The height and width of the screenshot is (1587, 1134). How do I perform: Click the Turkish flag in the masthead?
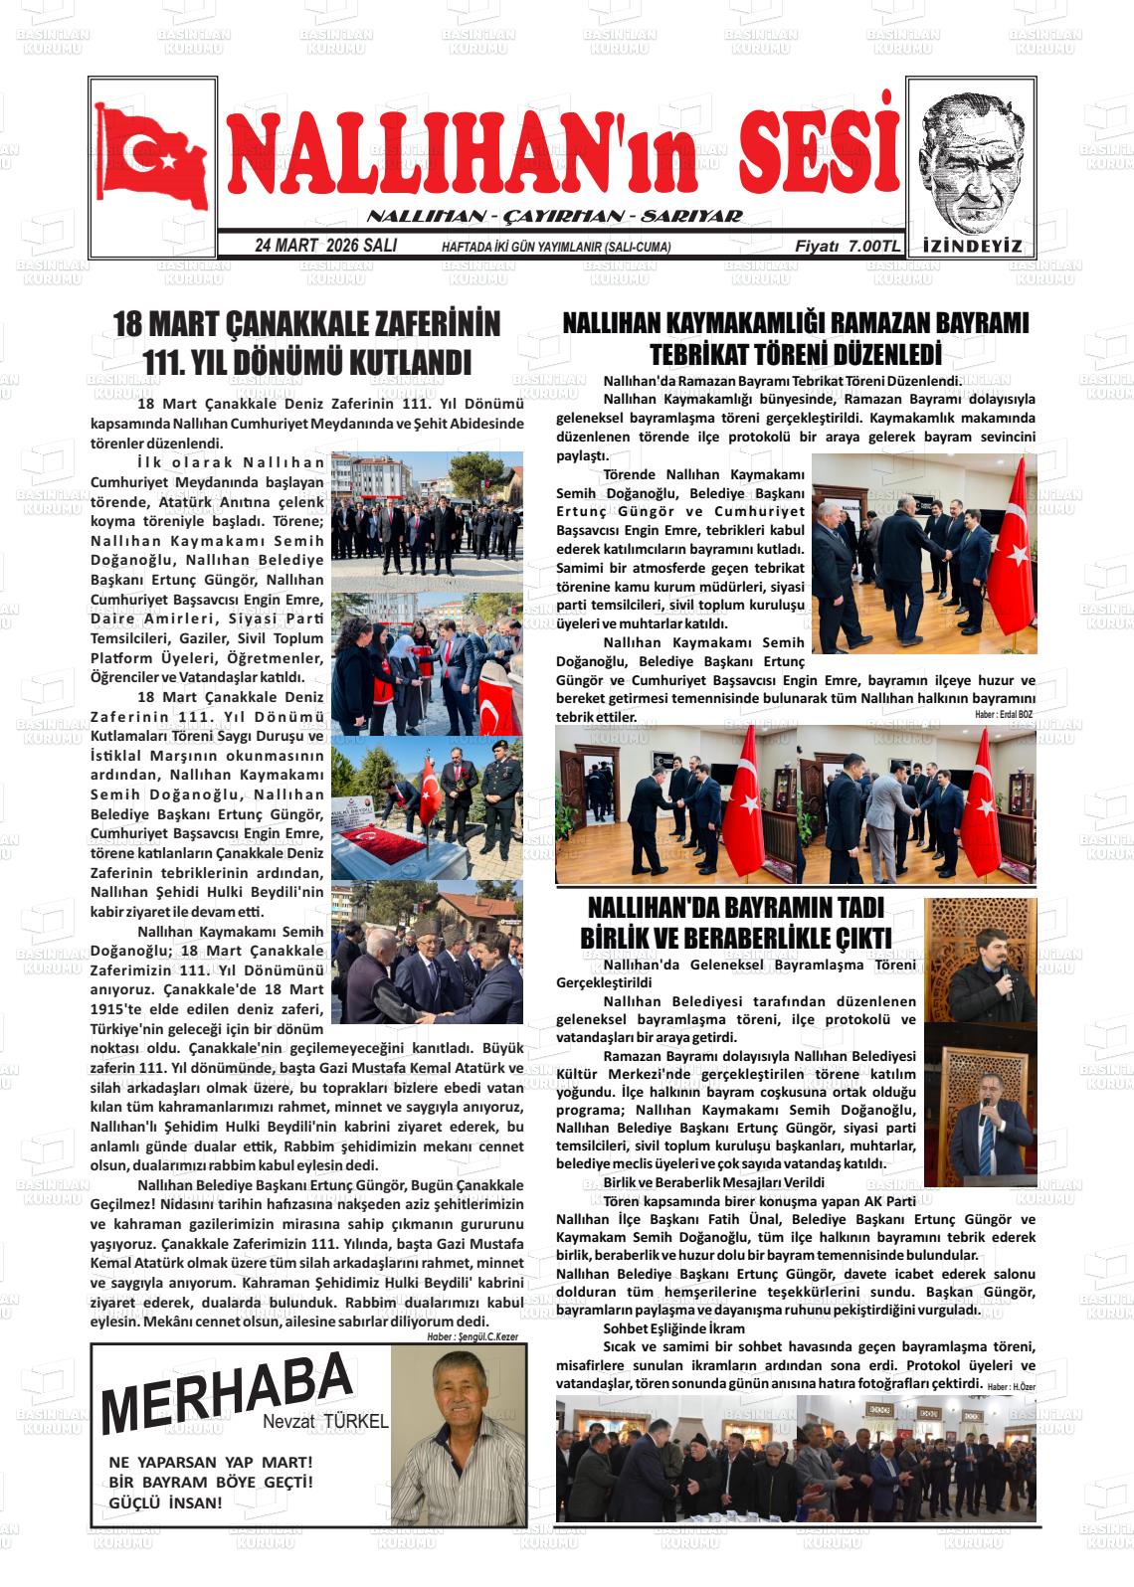(x=153, y=158)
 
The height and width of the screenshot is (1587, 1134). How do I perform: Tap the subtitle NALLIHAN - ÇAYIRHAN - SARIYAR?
(x=555, y=216)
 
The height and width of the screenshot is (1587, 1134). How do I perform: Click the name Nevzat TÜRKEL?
(x=325, y=1422)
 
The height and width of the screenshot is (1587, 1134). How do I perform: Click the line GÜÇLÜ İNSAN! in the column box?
(x=166, y=1502)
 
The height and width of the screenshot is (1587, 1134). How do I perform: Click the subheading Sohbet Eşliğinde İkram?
(x=673, y=1328)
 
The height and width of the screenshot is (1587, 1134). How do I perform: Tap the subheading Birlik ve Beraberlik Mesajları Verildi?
(x=713, y=1182)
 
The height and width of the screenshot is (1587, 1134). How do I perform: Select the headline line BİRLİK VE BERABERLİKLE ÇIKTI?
(x=735, y=938)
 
